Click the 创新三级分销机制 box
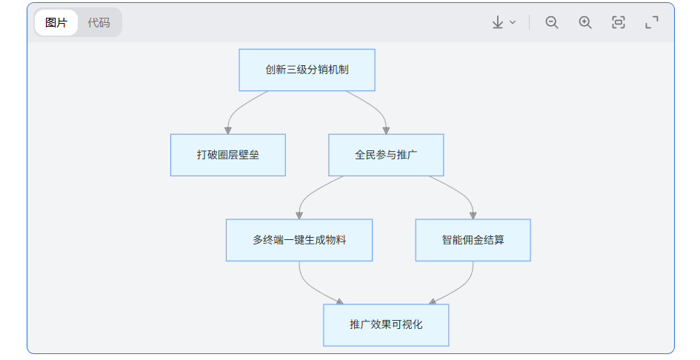(307, 70)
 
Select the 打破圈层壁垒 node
(227, 155)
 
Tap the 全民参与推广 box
(386, 155)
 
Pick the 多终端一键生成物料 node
(299, 240)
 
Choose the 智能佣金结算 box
(473, 240)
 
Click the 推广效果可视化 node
(386, 325)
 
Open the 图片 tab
(56, 22)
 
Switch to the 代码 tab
(99, 22)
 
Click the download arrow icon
(498, 22)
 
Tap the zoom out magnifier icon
(552, 22)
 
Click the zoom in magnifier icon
(585, 22)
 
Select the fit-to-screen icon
(619, 22)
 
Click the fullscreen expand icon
(652, 22)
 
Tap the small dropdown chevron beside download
(513, 22)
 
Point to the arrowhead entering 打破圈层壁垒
(227, 130)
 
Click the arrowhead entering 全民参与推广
(386, 130)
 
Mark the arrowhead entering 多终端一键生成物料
(299, 216)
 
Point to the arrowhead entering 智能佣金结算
(473, 216)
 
